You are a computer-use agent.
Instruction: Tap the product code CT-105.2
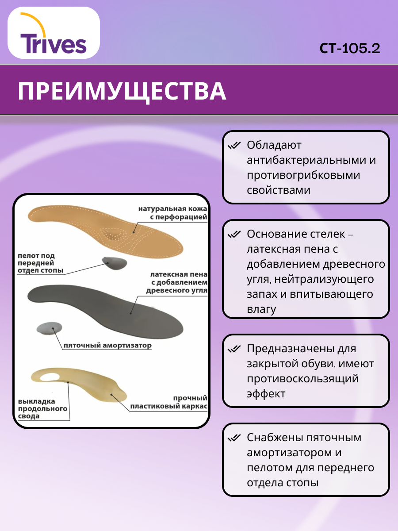point(350,48)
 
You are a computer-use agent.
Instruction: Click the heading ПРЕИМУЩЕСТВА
point(122,91)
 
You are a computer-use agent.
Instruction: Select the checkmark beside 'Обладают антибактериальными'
point(233,146)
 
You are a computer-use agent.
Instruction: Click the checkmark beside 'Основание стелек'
point(233,234)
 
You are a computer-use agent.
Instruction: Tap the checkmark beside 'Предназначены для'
point(233,349)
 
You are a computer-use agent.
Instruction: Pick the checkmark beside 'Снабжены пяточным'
point(233,438)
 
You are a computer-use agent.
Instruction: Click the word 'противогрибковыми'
point(303,175)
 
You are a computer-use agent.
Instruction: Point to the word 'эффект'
point(266,394)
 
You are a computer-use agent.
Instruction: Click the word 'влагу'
point(261,309)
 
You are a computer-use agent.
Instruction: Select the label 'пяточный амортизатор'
point(107,346)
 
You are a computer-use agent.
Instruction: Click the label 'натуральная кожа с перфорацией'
point(172,213)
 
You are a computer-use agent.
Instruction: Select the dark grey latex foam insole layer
point(106,305)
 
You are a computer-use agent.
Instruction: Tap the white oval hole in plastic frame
point(50,377)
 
